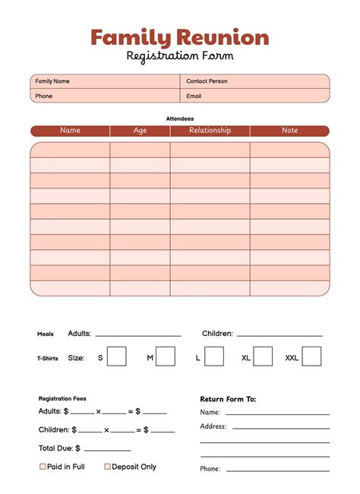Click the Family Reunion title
[180, 37]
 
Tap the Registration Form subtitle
[180, 56]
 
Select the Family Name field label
[52, 81]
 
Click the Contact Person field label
[207, 81]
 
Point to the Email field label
[194, 97]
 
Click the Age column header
[140, 131]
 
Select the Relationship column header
[210, 131]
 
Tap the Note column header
[290, 131]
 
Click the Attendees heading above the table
[180, 119]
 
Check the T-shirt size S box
[116, 356]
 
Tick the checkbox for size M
[166, 356]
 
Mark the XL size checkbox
[263, 356]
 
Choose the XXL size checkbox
[311, 356]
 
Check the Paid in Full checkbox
[43, 467]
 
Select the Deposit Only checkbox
[108, 467]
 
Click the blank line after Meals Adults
[138, 334]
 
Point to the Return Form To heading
[228, 399]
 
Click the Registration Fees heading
[62, 398]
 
